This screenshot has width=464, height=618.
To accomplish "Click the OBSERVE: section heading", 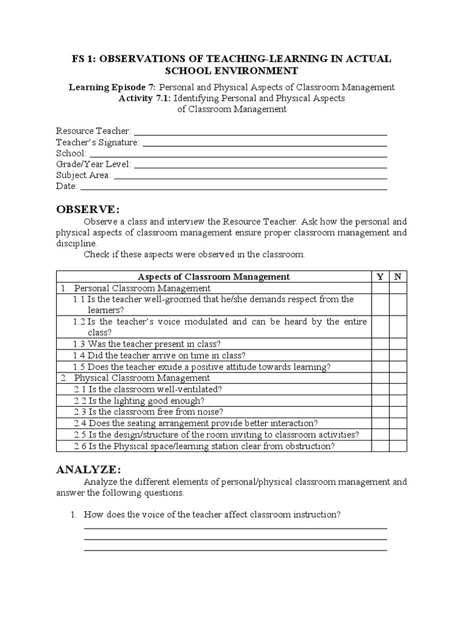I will click(x=88, y=209).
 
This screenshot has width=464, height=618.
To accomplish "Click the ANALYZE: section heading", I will click(x=89, y=470).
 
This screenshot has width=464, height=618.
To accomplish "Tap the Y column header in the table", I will click(x=380, y=276).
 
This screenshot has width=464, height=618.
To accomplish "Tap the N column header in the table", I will click(x=398, y=276).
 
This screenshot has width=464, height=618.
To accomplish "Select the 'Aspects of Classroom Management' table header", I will click(x=214, y=276).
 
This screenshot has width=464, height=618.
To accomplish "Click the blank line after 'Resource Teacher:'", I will click(x=260, y=132).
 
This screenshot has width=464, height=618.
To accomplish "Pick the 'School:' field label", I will click(x=71, y=153).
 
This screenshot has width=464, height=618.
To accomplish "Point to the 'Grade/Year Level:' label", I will click(x=94, y=164).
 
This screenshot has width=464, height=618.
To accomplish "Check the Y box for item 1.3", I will click(x=380, y=344).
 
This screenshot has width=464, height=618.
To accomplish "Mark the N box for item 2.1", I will click(x=398, y=389).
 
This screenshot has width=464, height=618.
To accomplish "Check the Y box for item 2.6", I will click(x=380, y=446).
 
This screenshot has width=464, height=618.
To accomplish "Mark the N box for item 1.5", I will click(x=398, y=366).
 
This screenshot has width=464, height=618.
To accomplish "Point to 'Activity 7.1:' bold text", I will click(x=145, y=98).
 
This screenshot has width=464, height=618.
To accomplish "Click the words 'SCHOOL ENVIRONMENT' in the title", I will click(x=232, y=71).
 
